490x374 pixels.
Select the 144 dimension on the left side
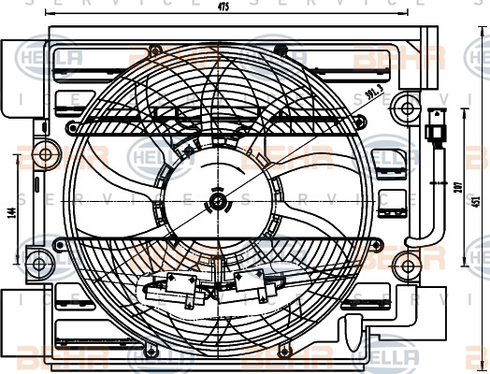click(8, 211)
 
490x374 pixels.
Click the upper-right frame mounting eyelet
click(406, 109)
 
